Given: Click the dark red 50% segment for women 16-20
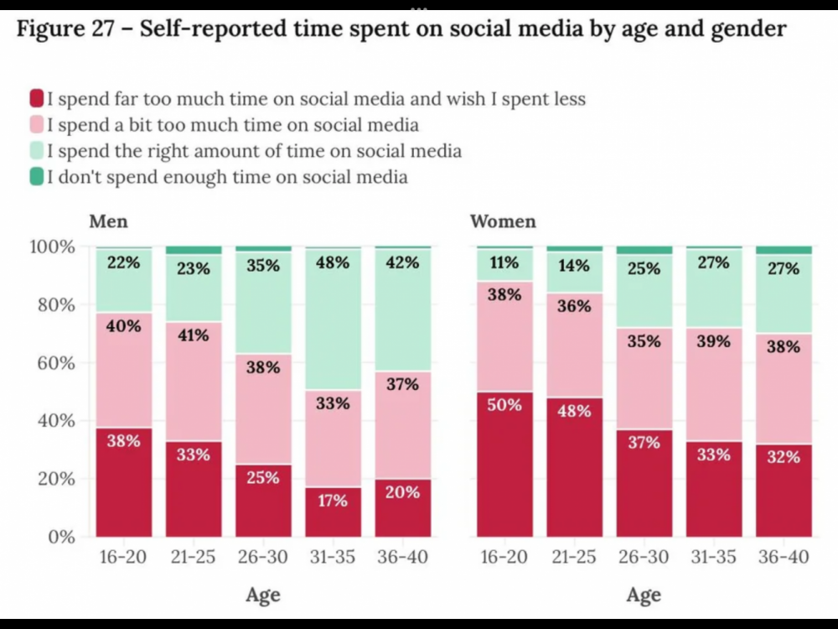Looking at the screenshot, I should click(x=504, y=464).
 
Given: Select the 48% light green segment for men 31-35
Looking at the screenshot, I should click(x=333, y=320).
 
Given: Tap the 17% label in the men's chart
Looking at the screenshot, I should click(x=333, y=500).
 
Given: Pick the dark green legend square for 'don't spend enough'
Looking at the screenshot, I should click(x=36, y=177).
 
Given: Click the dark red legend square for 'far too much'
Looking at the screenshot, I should click(x=36, y=99).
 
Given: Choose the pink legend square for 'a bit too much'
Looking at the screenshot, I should click(x=36, y=125).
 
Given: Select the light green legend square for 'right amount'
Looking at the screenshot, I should click(x=36, y=151).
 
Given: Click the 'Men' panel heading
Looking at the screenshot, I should click(x=108, y=222).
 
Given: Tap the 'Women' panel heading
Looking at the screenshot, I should click(x=503, y=222).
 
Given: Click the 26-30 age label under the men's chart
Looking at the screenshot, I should click(x=263, y=558).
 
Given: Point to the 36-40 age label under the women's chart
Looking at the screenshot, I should click(x=784, y=558).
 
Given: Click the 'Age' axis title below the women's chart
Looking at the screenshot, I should click(x=644, y=595).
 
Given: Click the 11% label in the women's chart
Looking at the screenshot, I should click(x=504, y=263).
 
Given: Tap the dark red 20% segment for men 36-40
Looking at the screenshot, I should click(x=402, y=508).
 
